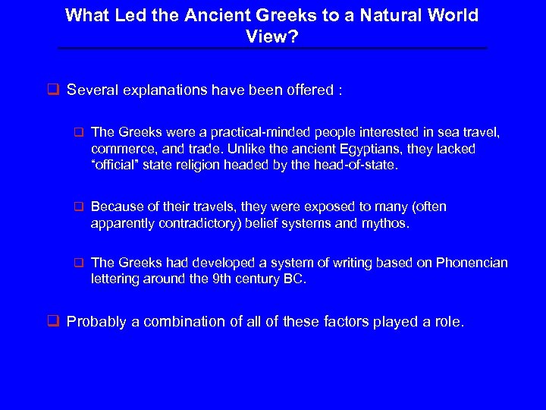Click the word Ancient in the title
(205, 15)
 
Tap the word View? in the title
(272, 35)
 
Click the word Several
(93, 90)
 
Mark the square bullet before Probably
(55, 321)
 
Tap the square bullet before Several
(55, 90)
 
